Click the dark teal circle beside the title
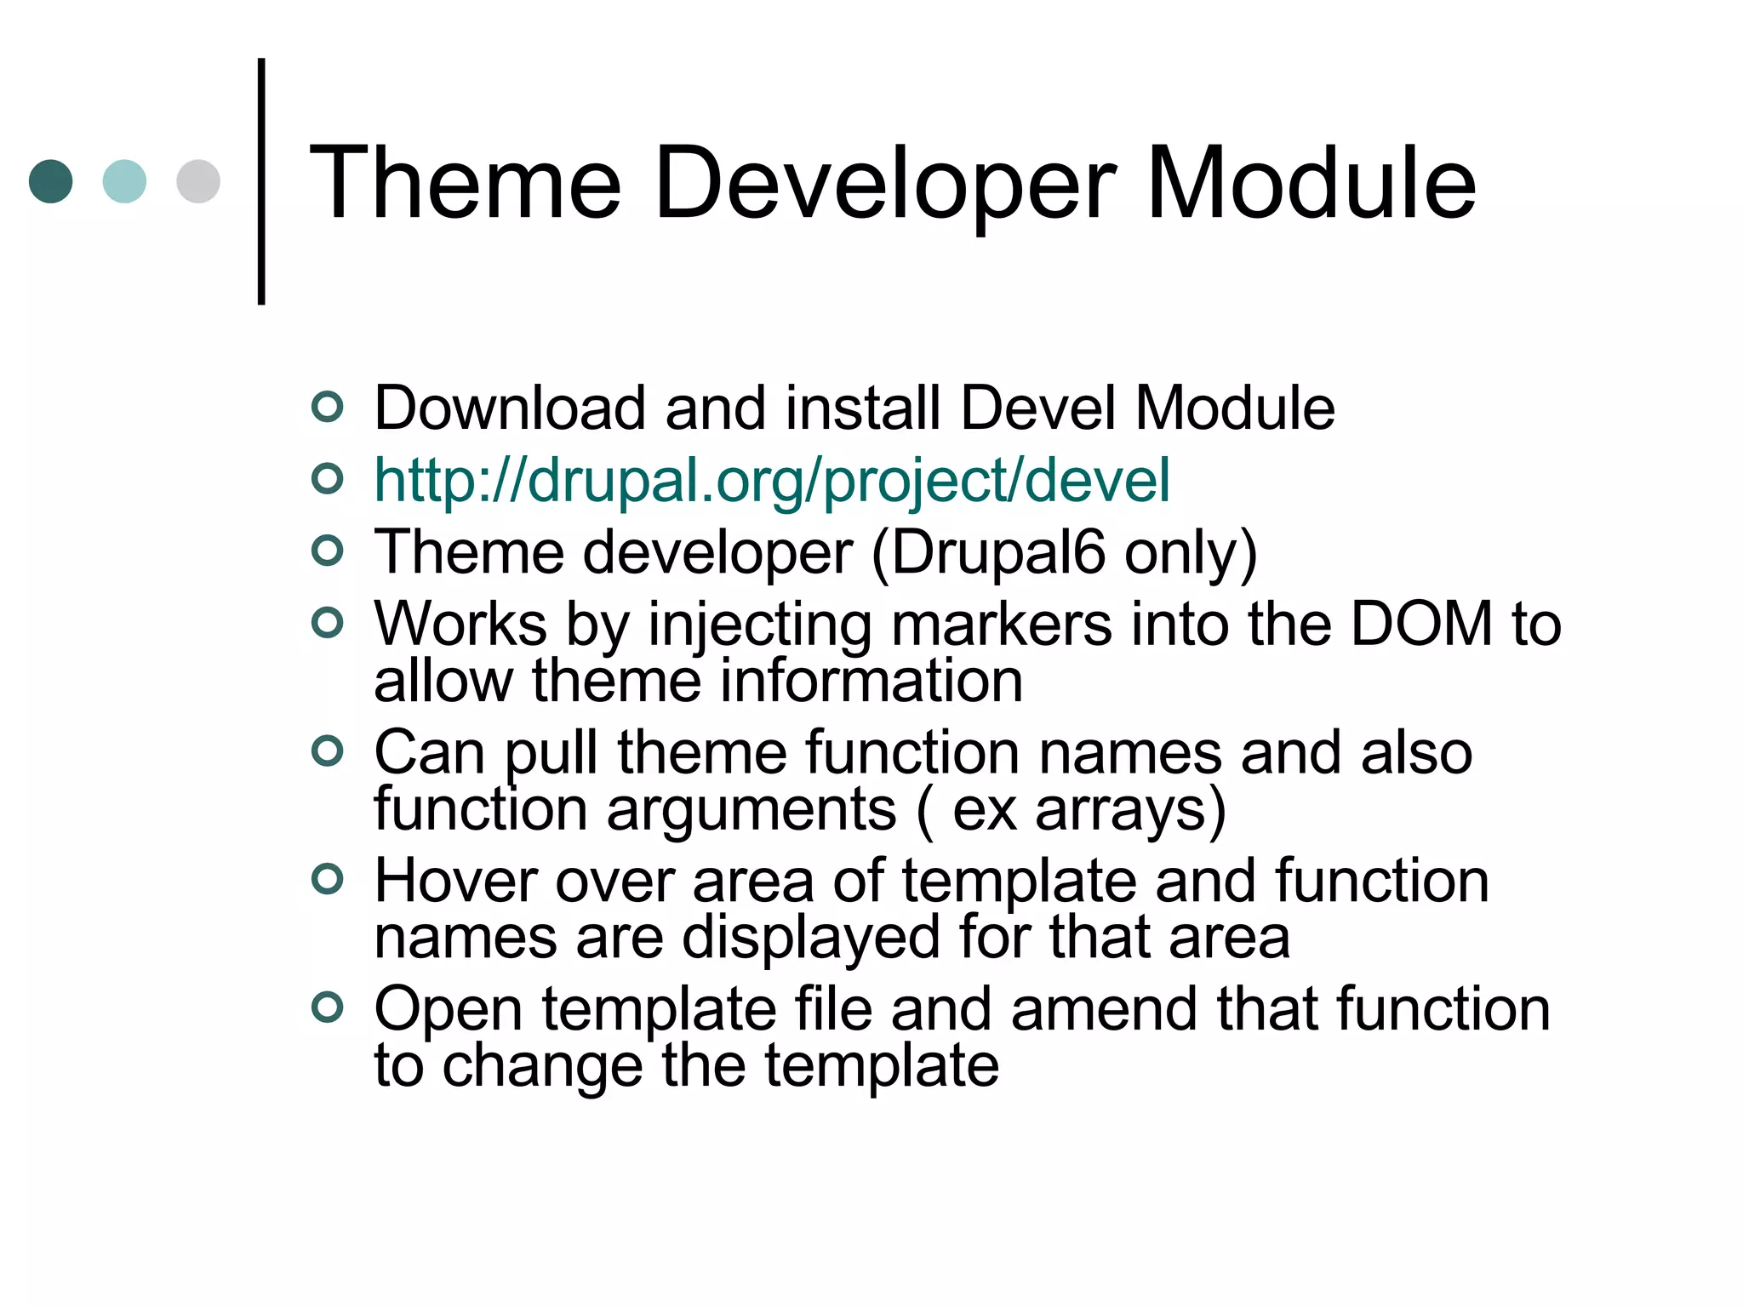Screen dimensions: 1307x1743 50,181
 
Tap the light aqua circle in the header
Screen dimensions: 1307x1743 124,181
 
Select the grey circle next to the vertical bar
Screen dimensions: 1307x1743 198,181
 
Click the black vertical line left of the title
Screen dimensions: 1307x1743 261,181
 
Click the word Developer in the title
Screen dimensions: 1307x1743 884,184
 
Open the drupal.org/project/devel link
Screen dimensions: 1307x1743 772,481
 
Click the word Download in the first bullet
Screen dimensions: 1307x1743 510,408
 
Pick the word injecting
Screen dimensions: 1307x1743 759,625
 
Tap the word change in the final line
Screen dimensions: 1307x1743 542,1066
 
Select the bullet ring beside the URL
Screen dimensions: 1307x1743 328,480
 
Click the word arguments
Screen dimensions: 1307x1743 751,810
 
